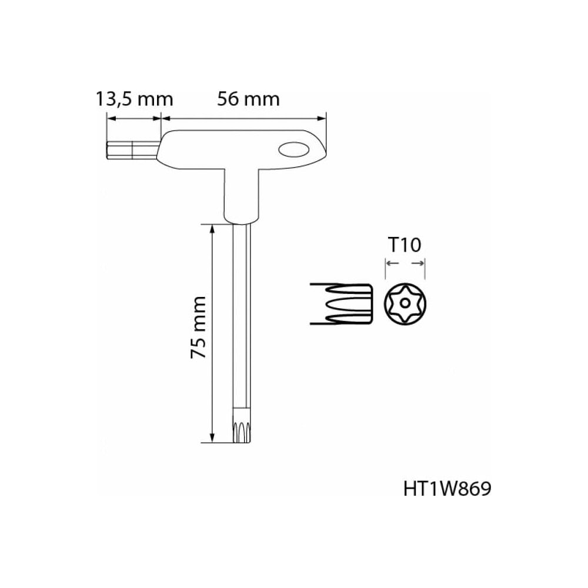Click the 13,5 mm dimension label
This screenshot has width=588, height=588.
point(134,99)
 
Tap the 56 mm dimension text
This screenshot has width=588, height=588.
point(248,99)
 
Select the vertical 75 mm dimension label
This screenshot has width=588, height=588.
point(198,326)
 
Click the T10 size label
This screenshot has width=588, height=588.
point(405,245)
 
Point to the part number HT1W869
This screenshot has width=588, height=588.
point(447,489)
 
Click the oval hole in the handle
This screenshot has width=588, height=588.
point(294,149)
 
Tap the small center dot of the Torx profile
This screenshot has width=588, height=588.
point(405,303)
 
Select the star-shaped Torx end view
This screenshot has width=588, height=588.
point(405,303)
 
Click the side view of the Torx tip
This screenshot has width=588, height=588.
point(341,303)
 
